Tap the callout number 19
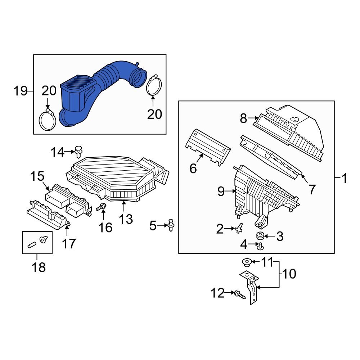21,91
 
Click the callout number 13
126,219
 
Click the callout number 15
37,176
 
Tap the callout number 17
69,244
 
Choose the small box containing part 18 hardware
37,243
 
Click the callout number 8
243,118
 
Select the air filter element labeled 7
270,155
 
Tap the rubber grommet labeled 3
259,236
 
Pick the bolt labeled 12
239,294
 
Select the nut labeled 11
246,262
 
